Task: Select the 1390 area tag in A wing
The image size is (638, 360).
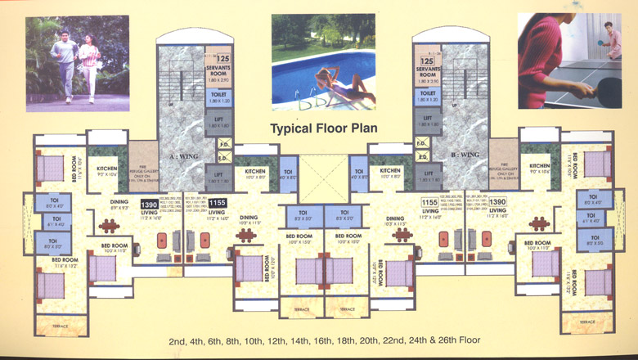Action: (x=150, y=205)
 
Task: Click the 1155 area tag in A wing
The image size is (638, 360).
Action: (x=217, y=202)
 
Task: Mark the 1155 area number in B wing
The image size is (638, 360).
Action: (x=429, y=201)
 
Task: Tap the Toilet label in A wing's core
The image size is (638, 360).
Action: (x=219, y=93)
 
